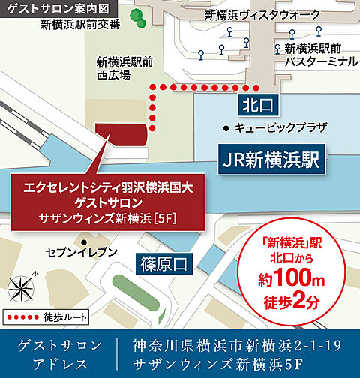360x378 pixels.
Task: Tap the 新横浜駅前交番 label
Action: (x=80, y=25)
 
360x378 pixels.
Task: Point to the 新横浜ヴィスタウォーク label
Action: (x=253, y=15)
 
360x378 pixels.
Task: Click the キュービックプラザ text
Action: (x=280, y=127)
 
